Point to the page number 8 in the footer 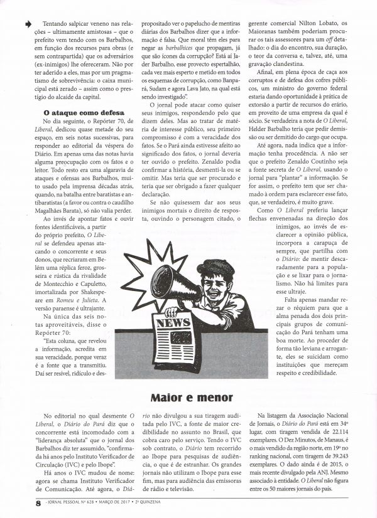point(21,502)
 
